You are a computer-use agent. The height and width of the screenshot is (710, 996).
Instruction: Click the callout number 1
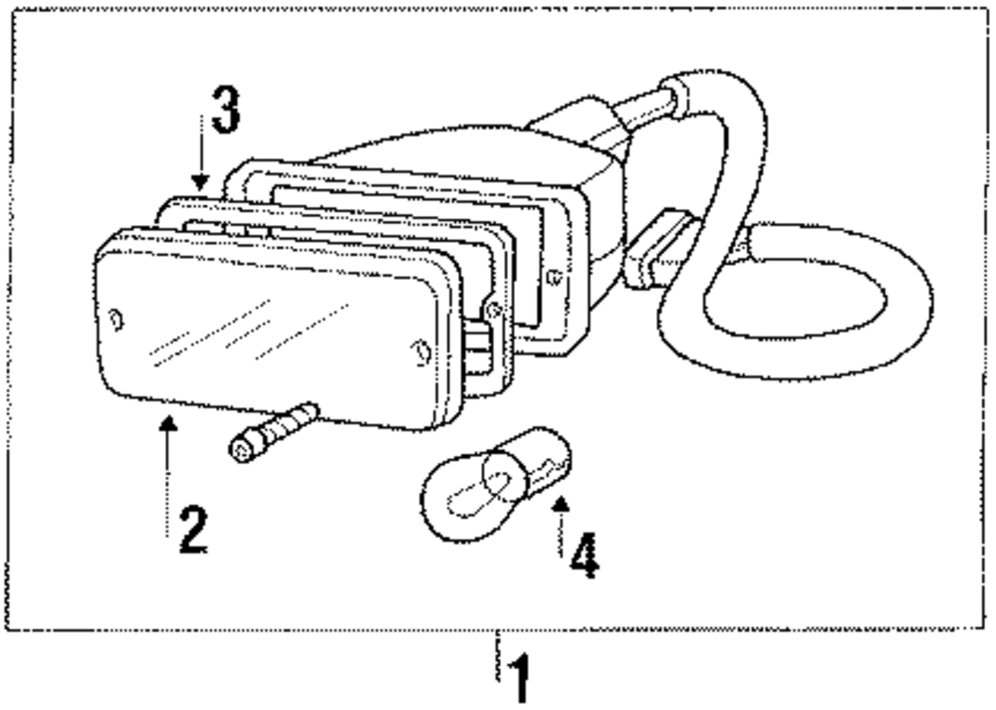(x=518, y=679)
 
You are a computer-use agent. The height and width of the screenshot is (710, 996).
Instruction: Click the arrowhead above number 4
(x=561, y=503)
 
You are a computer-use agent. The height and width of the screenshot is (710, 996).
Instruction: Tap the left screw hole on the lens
(x=116, y=321)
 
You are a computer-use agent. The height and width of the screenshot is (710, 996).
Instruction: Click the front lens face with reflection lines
(x=259, y=329)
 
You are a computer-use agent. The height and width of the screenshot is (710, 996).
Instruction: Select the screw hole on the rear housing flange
(x=555, y=278)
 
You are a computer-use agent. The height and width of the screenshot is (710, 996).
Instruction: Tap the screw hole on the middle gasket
(x=493, y=310)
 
